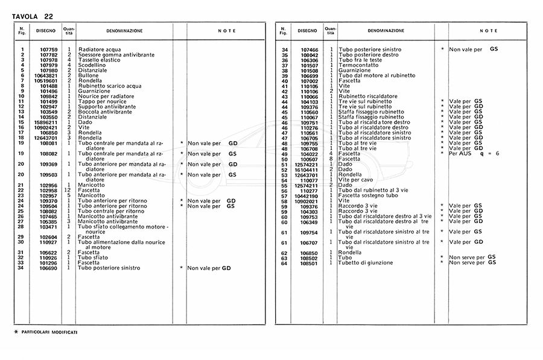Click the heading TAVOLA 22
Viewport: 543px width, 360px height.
pos(33,16)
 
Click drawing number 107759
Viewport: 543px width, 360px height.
pos(48,49)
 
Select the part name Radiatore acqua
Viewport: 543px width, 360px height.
pos(100,49)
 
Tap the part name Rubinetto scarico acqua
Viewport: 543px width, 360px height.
pos(110,86)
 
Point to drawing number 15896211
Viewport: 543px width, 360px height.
pos(48,122)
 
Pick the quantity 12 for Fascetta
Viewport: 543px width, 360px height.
pos(69,190)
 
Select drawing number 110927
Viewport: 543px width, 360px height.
pos(48,242)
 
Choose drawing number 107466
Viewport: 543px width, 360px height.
pos(309,49)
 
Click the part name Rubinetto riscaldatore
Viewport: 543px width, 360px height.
pos(367,96)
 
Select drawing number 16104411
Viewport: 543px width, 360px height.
pos(307,169)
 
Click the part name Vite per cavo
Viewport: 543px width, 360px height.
pos(357,180)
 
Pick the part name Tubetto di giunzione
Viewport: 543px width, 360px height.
pos(366,263)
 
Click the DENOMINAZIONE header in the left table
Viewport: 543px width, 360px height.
pos(125,30)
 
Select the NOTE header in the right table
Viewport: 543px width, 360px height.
pos(489,30)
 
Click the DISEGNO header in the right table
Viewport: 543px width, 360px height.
pos(306,30)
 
